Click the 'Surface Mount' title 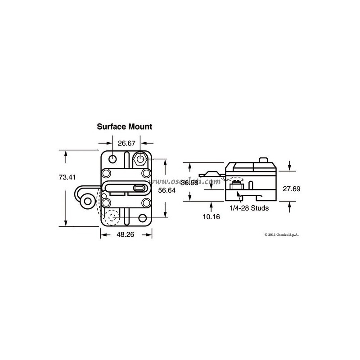[x=125, y=127]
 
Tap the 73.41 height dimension [x=67, y=177]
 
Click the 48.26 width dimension [x=126, y=235]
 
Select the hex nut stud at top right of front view [x=140, y=159]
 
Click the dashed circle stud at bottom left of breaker [x=112, y=218]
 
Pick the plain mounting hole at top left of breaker [x=112, y=158]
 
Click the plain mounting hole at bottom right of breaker [x=143, y=218]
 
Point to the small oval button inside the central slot [x=140, y=188]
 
